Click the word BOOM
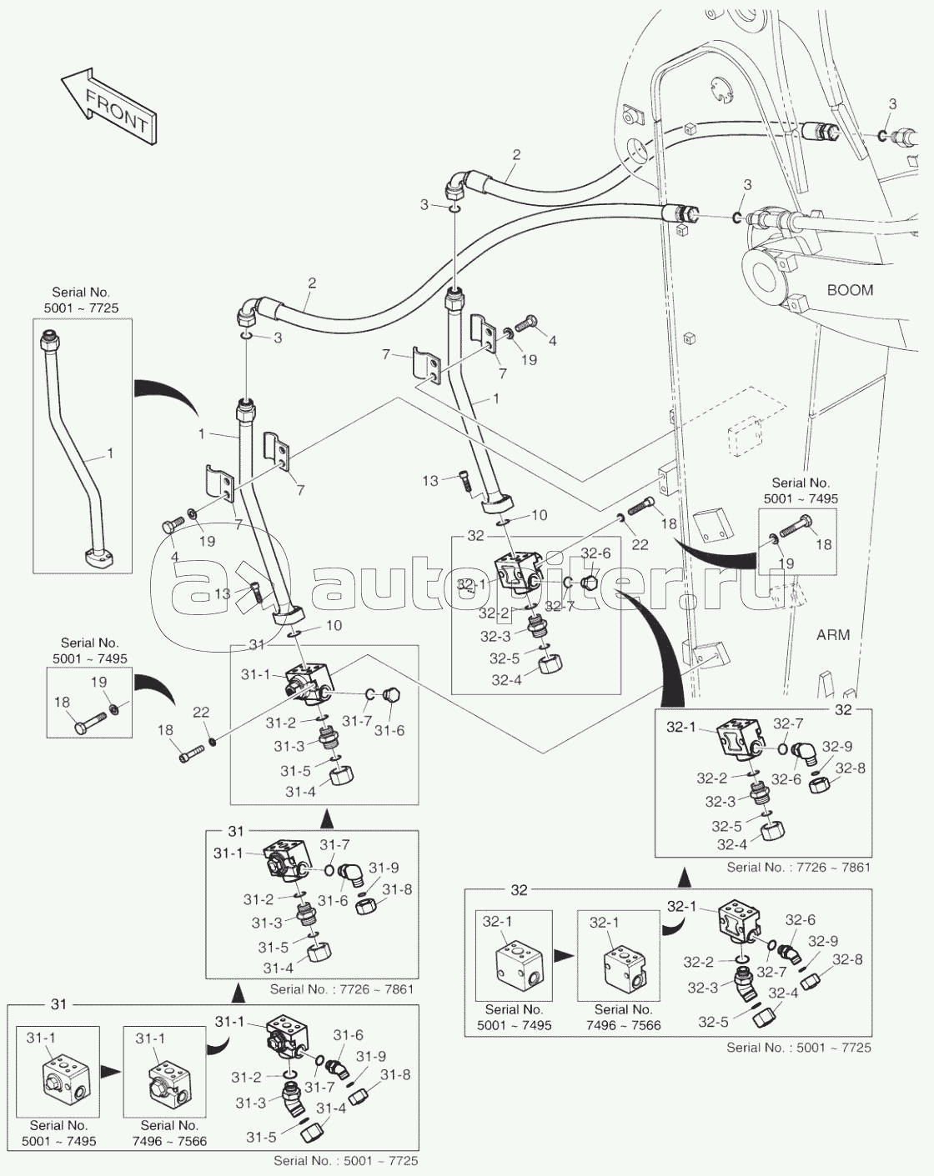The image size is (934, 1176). (850, 290)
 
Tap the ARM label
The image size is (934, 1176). (832, 635)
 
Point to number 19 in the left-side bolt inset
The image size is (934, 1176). (98, 682)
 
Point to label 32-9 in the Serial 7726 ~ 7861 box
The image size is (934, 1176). (836, 747)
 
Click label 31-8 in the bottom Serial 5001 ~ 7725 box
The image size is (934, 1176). (396, 1075)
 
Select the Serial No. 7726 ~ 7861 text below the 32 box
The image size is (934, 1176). (798, 868)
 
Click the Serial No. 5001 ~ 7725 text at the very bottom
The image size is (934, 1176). (345, 1161)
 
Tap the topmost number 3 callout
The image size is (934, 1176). (892, 104)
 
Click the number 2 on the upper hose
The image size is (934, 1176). (516, 154)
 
